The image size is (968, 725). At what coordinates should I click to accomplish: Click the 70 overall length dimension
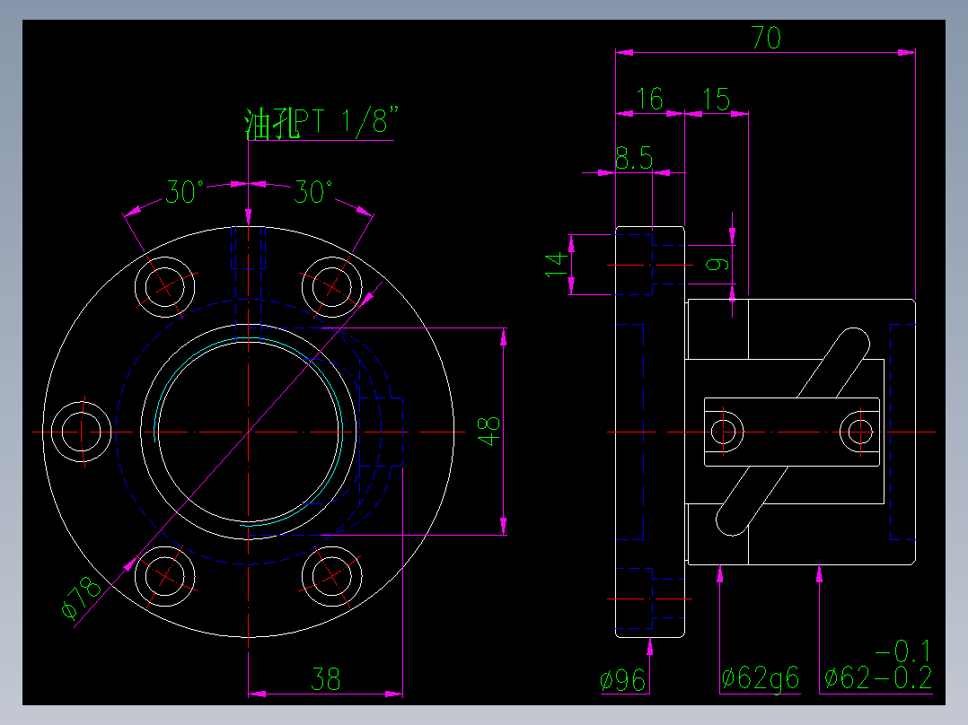[x=766, y=38]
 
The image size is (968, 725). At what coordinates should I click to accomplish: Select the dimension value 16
[x=648, y=99]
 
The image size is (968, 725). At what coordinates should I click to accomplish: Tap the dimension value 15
[x=717, y=99]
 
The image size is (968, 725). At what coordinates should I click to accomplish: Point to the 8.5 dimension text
[x=633, y=159]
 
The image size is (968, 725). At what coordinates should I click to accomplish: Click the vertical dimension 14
[x=558, y=264]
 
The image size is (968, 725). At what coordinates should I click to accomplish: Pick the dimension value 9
[x=716, y=264]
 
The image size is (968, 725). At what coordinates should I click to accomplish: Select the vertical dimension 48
[x=489, y=432]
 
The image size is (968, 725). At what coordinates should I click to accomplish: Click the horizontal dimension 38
[x=325, y=679]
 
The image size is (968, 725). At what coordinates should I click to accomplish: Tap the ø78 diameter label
[x=81, y=598]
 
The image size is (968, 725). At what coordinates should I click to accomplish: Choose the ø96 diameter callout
[x=624, y=681]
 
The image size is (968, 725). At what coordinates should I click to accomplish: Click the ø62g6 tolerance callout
[x=760, y=679]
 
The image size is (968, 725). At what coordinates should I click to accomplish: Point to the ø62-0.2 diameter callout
[x=877, y=678]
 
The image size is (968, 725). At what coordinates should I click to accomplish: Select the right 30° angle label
[x=313, y=193]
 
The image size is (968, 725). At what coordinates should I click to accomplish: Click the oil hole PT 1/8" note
[x=320, y=124]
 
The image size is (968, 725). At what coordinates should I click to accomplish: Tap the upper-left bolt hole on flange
[x=165, y=286]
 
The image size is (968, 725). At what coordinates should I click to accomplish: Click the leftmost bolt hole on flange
[x=82, y=432]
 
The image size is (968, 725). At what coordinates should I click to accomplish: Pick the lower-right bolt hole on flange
[x=332, y=576]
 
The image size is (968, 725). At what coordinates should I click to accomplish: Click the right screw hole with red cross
[x=857, y=432]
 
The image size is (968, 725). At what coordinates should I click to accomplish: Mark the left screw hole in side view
[x=725, y=432]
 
